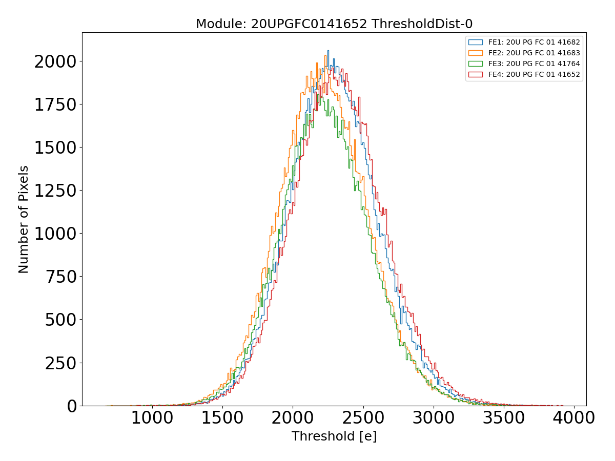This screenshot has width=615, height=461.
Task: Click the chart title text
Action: (334, 24)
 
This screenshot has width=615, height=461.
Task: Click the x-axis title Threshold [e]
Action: (334, 436)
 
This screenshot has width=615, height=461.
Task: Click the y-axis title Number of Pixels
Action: (24, 219)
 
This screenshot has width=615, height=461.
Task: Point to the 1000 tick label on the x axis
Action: (152, 418)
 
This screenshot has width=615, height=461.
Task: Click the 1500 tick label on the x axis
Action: (222, 418)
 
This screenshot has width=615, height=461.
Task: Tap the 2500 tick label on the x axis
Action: (363, 418)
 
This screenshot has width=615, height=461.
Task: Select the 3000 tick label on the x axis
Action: (433, 418)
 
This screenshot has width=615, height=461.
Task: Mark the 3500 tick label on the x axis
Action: (503, 418)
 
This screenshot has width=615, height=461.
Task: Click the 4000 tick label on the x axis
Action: (573, 418)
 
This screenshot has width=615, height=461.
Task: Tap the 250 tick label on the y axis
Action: (60, 363)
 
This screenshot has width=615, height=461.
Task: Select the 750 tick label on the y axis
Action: (60, 277)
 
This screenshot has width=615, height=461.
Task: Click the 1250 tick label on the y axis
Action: (55, 191)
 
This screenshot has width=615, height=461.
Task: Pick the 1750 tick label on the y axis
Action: (55, 105)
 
